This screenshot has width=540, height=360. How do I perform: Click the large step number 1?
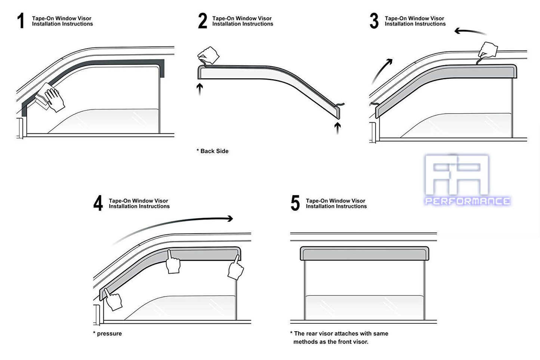(21, 21)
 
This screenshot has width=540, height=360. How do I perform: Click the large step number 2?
(202, 21)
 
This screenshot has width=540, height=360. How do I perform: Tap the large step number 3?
(374, 21)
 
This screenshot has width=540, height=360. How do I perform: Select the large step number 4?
(98, 203)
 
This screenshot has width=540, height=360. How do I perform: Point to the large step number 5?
(295, 203)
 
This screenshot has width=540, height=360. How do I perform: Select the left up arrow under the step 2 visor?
(200, 89)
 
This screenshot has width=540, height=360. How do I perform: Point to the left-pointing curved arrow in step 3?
(470, 32)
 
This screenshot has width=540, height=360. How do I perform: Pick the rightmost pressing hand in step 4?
(235, 268)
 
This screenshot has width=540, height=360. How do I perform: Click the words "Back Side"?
(214, 151)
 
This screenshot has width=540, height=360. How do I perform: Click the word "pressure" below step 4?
(109, 333)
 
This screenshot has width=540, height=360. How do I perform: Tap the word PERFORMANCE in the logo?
(467, 201)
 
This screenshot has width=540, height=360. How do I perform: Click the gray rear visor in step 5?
(364, 253)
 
